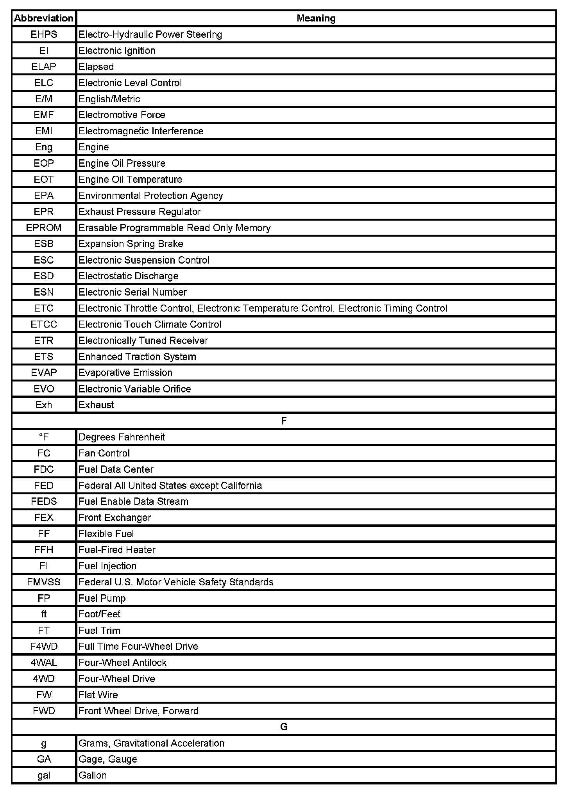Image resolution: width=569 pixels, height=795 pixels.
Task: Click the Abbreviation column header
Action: (44, 18)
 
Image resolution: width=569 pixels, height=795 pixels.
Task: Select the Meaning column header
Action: (316, 18)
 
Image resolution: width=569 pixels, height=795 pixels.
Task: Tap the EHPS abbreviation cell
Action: (44, 35)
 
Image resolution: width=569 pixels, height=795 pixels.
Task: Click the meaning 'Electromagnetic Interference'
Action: (141, 131)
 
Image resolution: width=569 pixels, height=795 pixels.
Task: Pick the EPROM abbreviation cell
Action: (44, 228)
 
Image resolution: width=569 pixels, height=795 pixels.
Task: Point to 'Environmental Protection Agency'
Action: (150, 196)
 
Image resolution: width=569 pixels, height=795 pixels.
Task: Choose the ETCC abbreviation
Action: (44, 324)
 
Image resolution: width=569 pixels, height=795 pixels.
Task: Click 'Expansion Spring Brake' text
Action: (131, 244)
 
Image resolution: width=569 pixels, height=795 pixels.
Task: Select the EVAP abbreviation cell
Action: (44, 373)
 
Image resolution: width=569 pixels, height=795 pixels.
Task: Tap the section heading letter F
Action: (284, 421)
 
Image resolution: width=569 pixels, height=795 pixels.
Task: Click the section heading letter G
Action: (284, 727)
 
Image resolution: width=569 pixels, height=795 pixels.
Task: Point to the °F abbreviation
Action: (44, 437)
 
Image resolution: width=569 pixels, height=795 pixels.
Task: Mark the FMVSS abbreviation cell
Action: (44, 582)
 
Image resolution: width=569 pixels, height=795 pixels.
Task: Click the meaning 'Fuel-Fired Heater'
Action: (117, 550)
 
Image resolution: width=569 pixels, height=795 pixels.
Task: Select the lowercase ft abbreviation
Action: (44, 614)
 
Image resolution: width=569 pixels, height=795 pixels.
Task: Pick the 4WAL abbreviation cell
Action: (44, 663)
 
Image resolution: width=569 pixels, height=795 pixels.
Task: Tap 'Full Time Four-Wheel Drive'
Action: (138, 647)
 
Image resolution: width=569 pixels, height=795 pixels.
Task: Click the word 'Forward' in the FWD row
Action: (181, 711)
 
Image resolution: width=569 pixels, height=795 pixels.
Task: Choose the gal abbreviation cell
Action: (44, 775)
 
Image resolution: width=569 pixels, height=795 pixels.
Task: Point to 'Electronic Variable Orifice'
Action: (134, 389)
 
